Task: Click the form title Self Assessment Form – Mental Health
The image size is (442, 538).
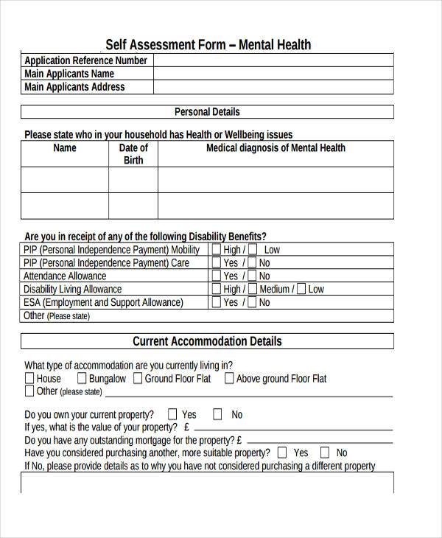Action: click(x=208, y=45)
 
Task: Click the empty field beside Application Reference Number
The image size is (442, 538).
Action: click(x=273, y=60)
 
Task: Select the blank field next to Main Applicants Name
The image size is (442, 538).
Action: click(x=273, y=74)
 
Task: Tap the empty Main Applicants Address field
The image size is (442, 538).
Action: click(x=273, y=87)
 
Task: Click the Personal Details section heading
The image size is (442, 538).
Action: click(x=207, y=112)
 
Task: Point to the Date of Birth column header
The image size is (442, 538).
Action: click(x=133, y=154)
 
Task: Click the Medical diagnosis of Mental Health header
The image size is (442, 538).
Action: click(x=276, y=148)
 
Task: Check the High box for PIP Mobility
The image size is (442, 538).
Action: click(x=217, y=249)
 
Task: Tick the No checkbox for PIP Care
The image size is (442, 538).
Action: click(x=252, y=262)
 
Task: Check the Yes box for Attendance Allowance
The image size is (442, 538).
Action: click(x=217, y=276)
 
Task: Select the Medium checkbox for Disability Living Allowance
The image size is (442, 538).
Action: click(x=252, y=289)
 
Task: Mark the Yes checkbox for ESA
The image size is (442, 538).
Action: click(x=217, y=302)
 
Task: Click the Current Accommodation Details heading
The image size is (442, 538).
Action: click(x=207, y=341)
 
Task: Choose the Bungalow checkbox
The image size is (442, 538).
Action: click(x=82, y=378)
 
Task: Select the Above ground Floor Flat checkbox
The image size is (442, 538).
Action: click(x=229, y=378)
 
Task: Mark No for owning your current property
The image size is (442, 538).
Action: click(x=218, y=414)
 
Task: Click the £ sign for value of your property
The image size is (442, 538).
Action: click(x=187, y=427)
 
